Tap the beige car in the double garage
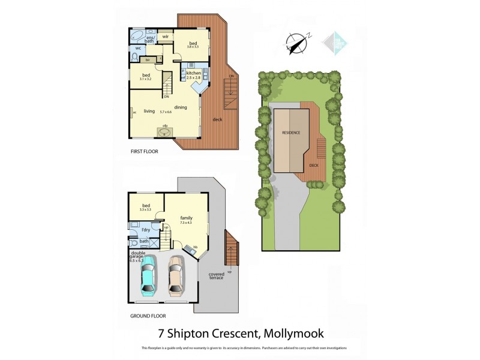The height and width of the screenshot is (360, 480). (x=175, y=277)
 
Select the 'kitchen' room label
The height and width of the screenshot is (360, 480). (x=193, y=73)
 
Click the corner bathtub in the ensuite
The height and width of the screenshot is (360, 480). (x=137, y=35)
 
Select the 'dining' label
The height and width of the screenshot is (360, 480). (x=181, y=107)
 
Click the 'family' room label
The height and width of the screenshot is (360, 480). (x=186, y=218)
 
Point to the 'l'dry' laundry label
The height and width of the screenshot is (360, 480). (x=146, y=230)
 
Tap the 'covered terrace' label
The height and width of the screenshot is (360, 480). (x=217, y=277)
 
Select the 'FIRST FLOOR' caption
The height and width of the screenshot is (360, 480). (x=145, y=152)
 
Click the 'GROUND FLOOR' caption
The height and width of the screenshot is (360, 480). (x=148, y=316)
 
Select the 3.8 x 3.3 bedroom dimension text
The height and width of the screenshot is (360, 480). (x=193, y=47)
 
